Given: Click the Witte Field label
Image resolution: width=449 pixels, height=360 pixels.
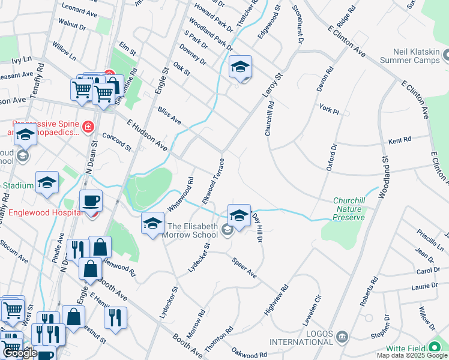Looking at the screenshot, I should pos(411,348).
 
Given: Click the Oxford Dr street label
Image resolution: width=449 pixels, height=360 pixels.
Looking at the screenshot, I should pos(331,158).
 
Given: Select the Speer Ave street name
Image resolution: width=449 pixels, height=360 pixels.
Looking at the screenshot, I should pos(244,268).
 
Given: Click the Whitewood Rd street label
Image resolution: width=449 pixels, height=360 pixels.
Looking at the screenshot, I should pos(181,193).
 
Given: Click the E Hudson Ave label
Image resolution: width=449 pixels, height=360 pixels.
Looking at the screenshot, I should pos(146,134).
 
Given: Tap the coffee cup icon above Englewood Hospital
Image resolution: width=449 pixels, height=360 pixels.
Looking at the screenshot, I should pos(91,200).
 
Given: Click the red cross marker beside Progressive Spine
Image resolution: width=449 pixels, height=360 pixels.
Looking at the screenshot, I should pos(88,127).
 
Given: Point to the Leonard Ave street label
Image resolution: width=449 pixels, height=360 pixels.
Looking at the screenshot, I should pos(79,11).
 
